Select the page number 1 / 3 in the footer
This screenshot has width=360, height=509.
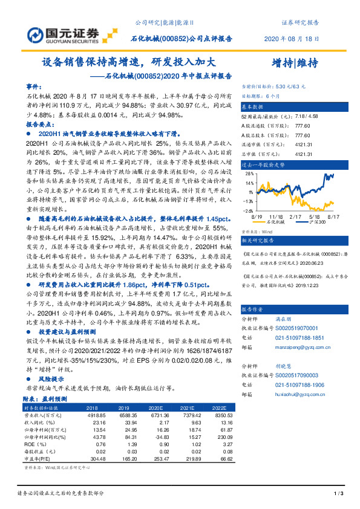[x=338, y=495]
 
